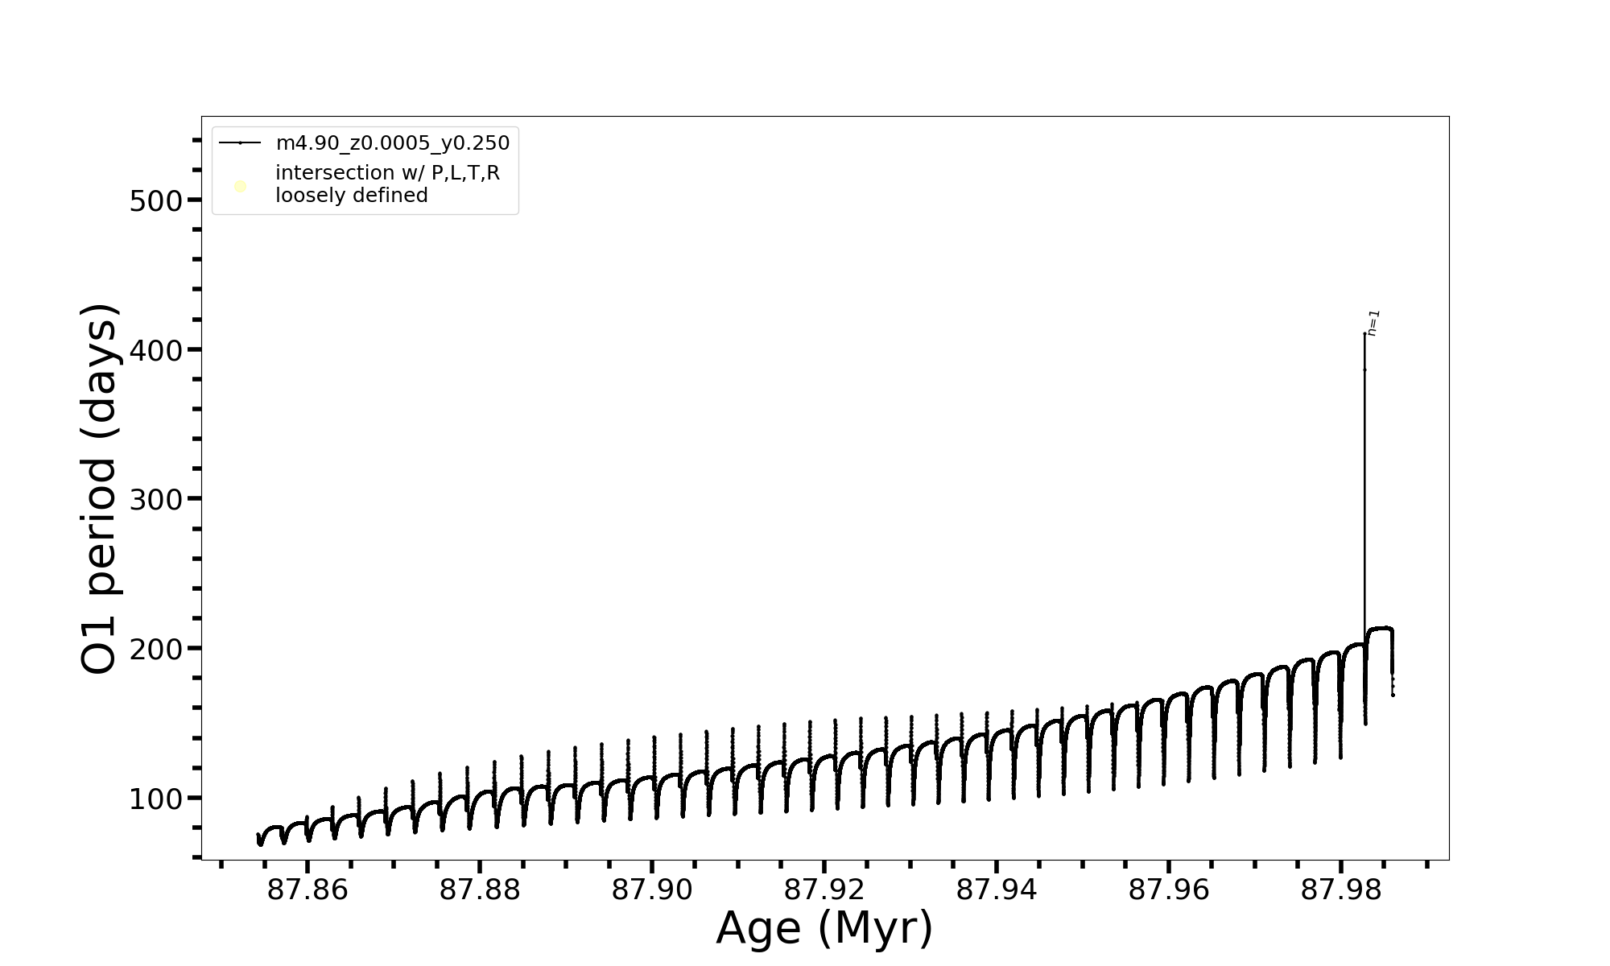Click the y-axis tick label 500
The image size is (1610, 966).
(x=156, y=200)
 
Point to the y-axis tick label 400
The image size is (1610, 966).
(x=156, y=350)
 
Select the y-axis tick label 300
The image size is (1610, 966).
(x=156, y=500)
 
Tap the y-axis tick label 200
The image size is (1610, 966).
(x=156, y=649)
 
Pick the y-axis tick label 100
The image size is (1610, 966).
(x=156, y=799)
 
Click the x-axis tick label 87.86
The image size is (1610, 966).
(x=308, y=890)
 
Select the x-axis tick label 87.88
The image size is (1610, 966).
(x=480, y=890)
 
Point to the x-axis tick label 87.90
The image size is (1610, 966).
(x=652, y=890)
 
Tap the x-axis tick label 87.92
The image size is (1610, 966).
(x=824, y=890)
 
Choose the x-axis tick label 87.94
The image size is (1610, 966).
(x=997, y=890)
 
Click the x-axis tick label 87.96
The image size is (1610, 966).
(x=1169, y=890)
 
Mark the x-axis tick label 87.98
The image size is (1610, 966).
(x=1341, y=890)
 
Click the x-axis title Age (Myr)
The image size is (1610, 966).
(x=824, y=928)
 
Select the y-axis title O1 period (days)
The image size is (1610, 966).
(x=101, y=489)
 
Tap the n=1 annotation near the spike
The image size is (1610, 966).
(x=1374, y=322)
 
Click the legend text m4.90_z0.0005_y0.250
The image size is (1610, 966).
(x=393, y=143)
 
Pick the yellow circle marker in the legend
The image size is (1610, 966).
(x=240, y=187)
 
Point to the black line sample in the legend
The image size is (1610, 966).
(x=240, y=143)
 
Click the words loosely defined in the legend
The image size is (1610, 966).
(x=352, y=196)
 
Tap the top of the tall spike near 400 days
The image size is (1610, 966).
(x=1364, y=333)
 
